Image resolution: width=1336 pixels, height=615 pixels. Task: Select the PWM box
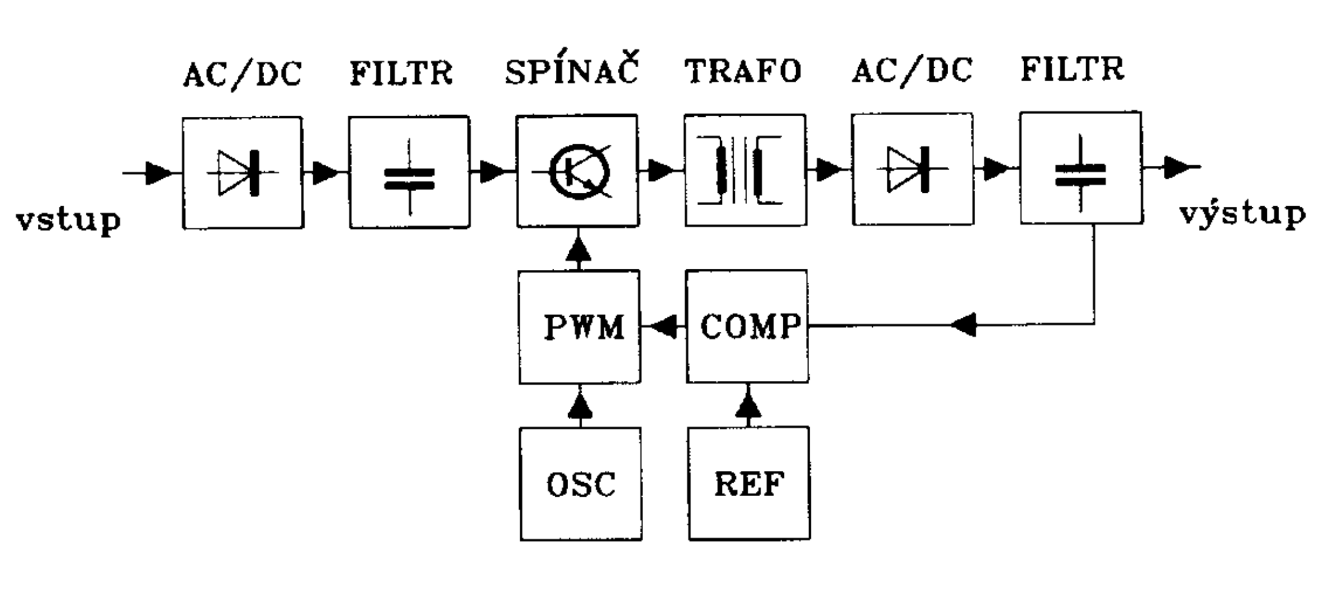tap(580, 327)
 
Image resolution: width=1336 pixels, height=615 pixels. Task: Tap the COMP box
tap(747, 326)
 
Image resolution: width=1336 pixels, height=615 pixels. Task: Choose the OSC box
tap(581, 484)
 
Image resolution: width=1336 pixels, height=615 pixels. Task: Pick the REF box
tap(749, 484)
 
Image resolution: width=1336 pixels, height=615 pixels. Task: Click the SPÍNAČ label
tap(571, 71)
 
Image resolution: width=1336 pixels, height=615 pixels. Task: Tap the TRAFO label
tap(742, 71)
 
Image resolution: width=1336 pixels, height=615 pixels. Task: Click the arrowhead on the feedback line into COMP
tap(964, 326)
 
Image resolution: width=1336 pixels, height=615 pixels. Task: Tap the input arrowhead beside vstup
tap(158, 173)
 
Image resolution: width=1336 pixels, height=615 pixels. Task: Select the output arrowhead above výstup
tap(1177, 167)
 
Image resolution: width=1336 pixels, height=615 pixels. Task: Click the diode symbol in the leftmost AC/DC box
tap(240, 173)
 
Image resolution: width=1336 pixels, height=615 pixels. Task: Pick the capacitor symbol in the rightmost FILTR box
tap(1081, 174)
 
